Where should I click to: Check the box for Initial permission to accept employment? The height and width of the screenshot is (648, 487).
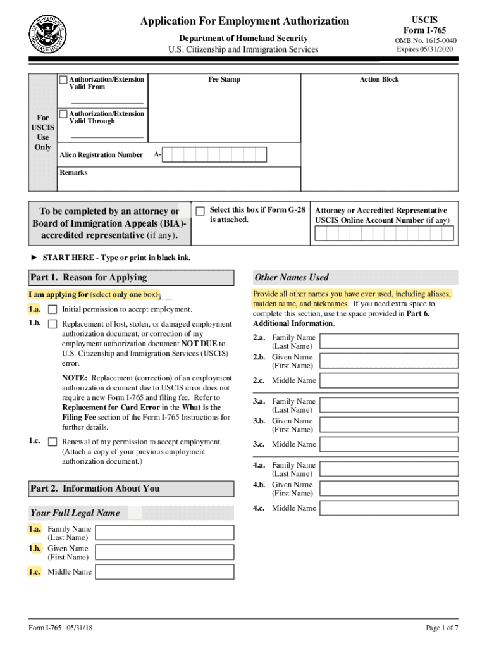click(52, 309)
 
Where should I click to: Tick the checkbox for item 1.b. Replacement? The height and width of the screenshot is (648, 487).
click(52, 325)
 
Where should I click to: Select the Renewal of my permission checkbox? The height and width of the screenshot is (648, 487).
click(52, 442)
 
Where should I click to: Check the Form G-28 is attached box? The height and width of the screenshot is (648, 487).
click(200, 211)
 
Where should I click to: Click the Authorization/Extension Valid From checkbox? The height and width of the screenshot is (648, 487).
click(63, 80)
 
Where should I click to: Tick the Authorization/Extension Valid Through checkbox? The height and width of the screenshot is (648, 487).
click(63, 114)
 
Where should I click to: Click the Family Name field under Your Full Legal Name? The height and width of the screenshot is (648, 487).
click(164, 533)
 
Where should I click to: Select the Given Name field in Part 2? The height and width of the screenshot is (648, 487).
click(164, 552)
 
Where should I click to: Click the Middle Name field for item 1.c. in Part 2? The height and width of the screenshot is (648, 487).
click(164, 572)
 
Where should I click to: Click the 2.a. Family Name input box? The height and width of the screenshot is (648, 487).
click(388, 342)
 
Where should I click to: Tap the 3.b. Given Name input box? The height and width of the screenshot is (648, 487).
click(388, 425)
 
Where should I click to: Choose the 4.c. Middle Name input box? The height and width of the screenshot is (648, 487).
click(388, 508)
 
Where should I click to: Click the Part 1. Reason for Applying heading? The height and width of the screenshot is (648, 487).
click(88, 277)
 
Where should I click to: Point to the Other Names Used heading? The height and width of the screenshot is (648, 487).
click(292, 277)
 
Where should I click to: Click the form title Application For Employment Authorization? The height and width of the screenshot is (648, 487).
click(245, 21)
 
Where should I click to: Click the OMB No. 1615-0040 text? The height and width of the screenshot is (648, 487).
click(425, 41)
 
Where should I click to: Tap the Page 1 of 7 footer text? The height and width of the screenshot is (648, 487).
click(441, 628)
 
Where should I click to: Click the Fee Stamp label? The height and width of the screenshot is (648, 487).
click(225, 80)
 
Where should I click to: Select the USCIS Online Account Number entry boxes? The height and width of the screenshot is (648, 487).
click(384, 234)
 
